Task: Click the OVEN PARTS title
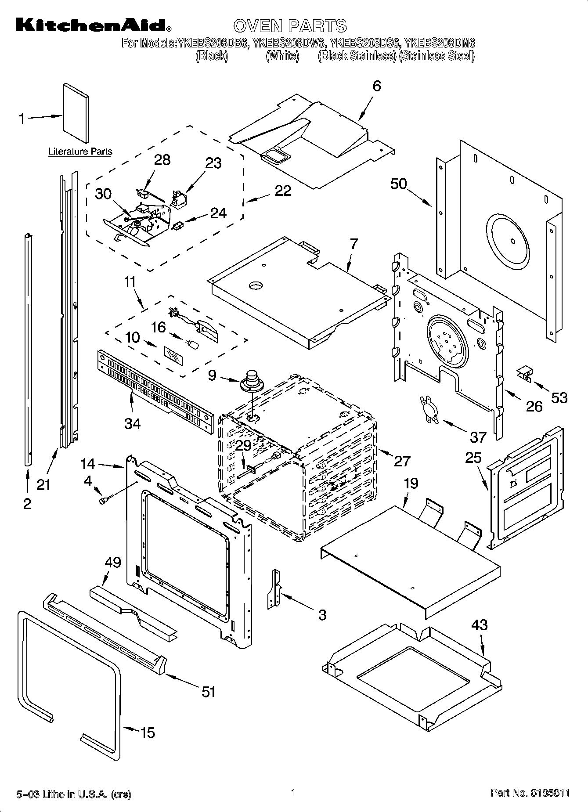(x=290, y=26)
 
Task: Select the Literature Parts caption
(x=80, y=152)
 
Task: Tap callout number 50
(x=399, y=184)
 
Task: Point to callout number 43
(x=479, y=624)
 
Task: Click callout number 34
(x=132, y=423)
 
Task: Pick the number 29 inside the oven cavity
(x=243, y=445)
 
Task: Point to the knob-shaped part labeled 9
(x=252, y=380)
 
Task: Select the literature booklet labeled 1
(x=76, y=109)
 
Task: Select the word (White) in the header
(x=282, y=56)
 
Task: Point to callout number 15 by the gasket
(x=148, y=733)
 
